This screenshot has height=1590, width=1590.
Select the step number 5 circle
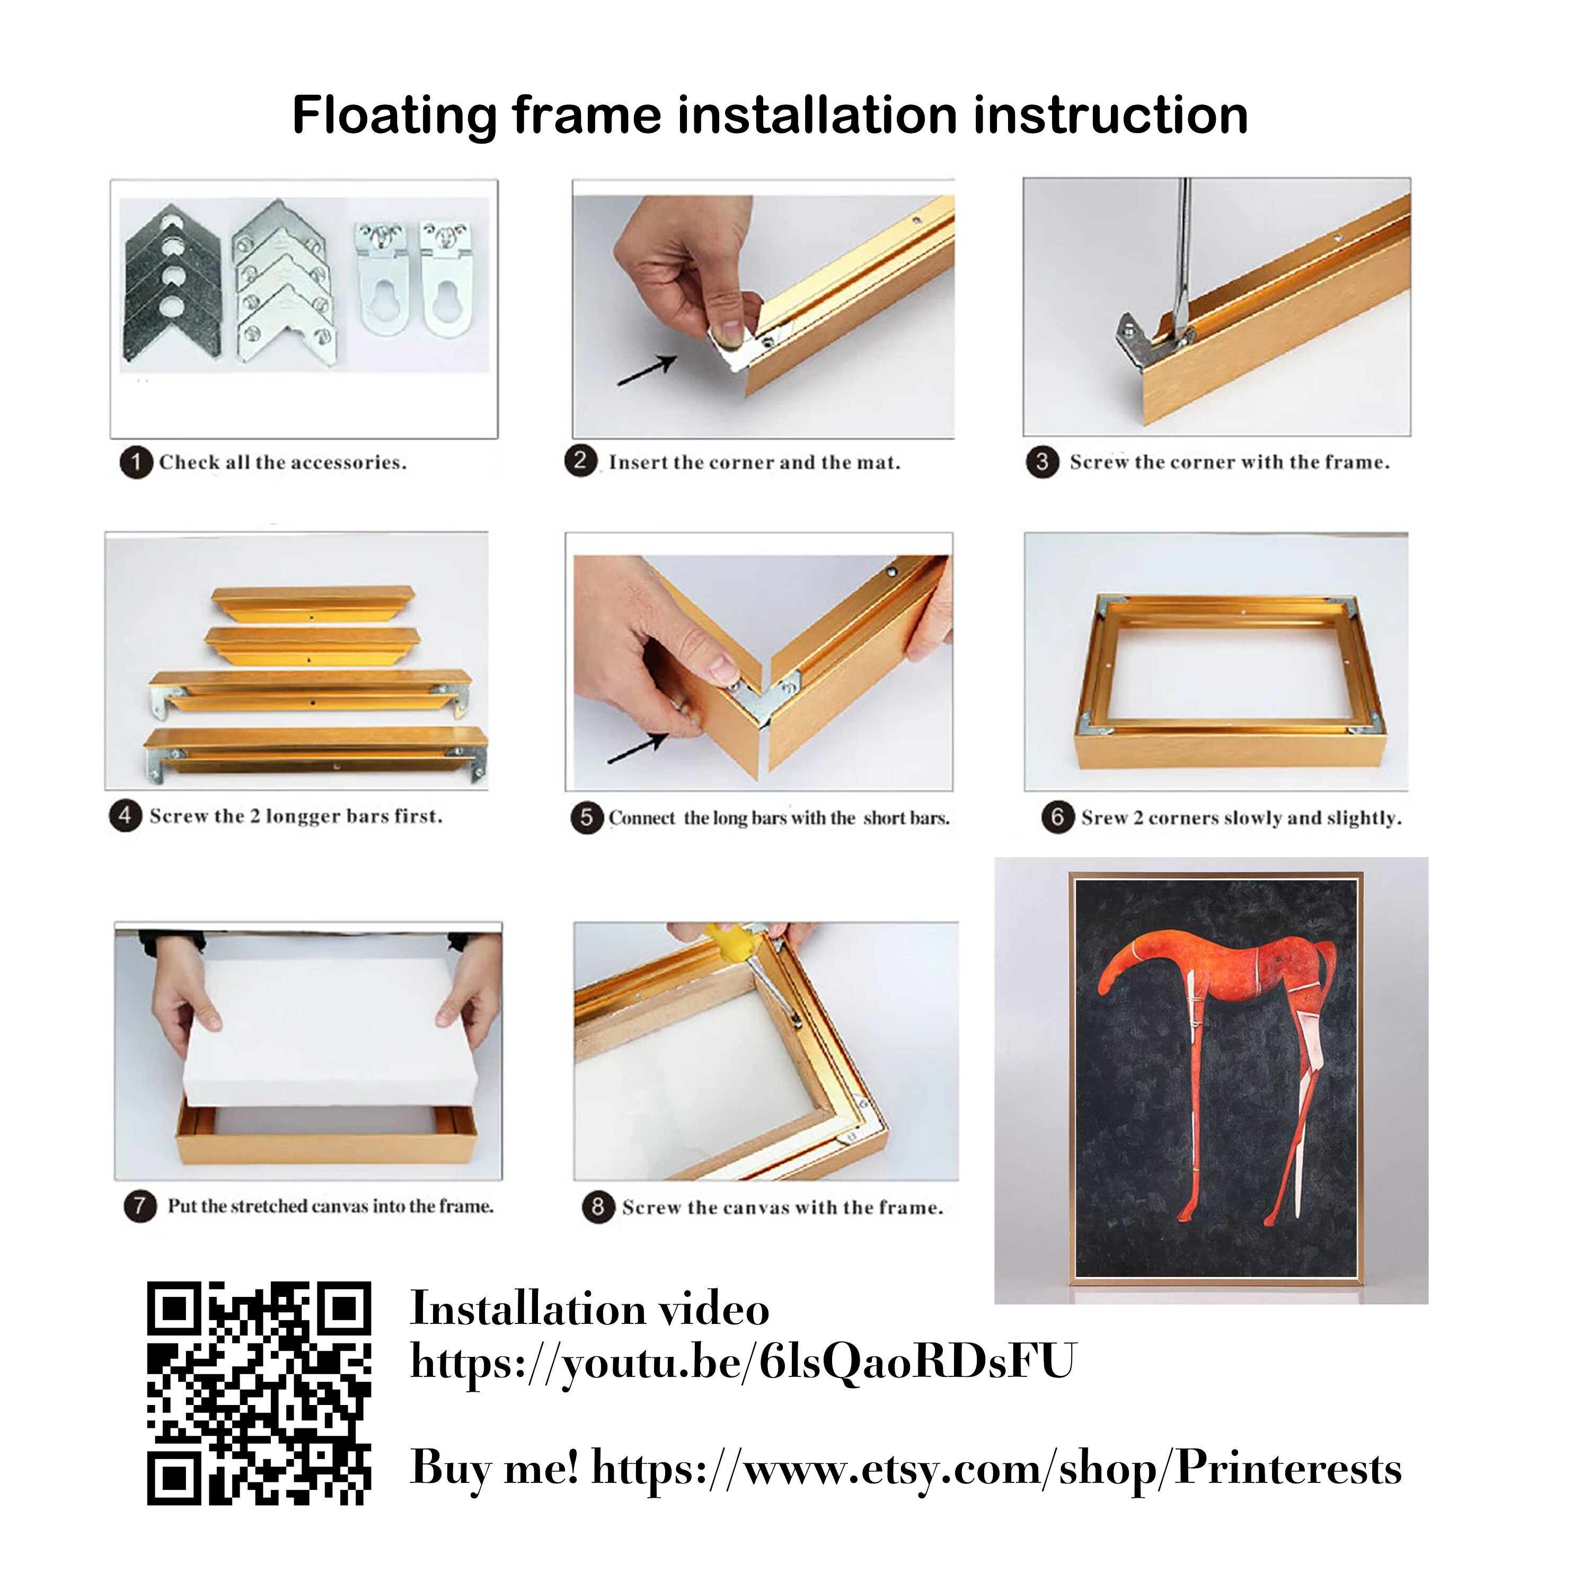click(587, 818)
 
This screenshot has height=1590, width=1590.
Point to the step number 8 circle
click(598, 1207)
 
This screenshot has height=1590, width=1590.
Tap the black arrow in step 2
click(647, 370)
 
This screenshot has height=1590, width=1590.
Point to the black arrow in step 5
click(638, 748)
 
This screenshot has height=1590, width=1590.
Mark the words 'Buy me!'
click(494, 1469)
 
